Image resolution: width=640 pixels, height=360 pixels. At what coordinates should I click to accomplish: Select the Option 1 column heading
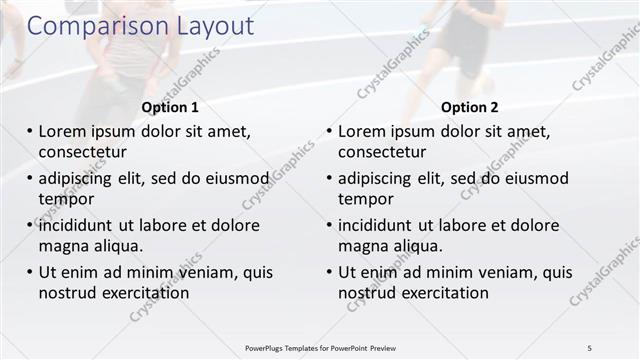pyautogui.click(x=170, y=107)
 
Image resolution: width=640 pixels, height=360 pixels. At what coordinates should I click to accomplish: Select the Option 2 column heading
pyautogui.click(x=470, y=107)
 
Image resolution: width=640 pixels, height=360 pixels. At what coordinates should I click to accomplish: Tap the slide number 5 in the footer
pyautogui.click(x=589, y=347)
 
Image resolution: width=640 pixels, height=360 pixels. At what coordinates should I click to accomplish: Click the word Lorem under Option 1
pyautogui.click(x=63, y=131)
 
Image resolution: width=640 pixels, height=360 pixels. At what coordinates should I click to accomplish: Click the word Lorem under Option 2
pyautogui.click(x=363, y=131)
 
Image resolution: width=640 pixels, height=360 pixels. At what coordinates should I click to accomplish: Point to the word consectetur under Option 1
pyautogui.click(x=82, y=152)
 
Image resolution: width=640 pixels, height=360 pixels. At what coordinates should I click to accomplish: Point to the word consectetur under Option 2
pyautogui.click(x=382, y=152)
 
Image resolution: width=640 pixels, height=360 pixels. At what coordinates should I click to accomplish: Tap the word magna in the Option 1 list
pyautogui.click(x=62, y=246)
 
